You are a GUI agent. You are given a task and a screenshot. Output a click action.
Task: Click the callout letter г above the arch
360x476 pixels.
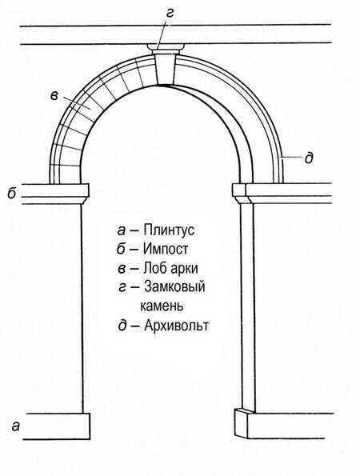click(170, 14)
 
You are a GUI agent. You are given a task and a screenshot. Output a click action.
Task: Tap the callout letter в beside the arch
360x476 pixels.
click(54, 96)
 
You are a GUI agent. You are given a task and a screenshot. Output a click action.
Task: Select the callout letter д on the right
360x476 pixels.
click(309, 158)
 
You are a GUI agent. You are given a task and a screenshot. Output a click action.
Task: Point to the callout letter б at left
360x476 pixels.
click(12, 193)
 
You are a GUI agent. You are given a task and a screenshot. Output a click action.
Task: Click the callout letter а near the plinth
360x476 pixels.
click(15, 426)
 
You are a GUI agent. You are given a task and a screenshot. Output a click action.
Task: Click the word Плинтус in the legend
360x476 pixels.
click(169, 230)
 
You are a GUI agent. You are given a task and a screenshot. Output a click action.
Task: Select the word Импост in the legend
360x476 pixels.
click(166, 249)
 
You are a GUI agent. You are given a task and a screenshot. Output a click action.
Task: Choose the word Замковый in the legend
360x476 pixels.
click(174, 286)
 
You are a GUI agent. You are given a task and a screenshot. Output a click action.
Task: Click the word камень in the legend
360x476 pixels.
click(162, 306)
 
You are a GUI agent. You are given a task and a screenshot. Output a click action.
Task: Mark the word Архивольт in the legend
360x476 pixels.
click(176, 326)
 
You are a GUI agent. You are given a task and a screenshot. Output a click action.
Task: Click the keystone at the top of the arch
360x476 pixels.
click(164, 69)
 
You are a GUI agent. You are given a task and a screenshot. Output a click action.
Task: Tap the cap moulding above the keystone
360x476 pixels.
click(166, 47)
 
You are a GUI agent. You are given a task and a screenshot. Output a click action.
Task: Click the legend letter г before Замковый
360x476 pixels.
click(122, 287)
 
